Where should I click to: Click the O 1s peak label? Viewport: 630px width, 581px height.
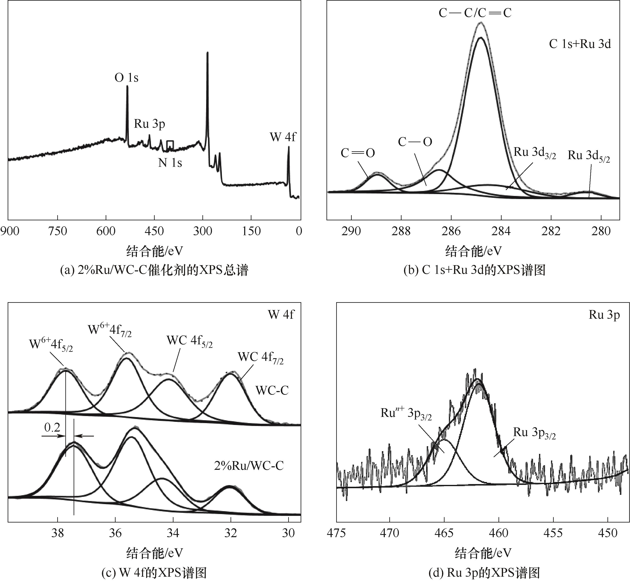pyautogui.click(x=126, y=77)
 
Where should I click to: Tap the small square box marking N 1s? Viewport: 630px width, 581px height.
pyautogui.click(x=170, y=145)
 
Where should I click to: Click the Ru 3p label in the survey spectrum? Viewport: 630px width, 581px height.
pyautogui.click(x=149, y=124)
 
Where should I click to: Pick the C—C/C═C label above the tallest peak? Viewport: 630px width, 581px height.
pyautogui.click(x=475, y=13)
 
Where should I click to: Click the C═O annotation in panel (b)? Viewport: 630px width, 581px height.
pyautogui.click(x=358, y=153)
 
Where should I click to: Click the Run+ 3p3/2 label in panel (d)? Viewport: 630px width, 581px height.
pyautogui.click(x=406, y=413)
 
